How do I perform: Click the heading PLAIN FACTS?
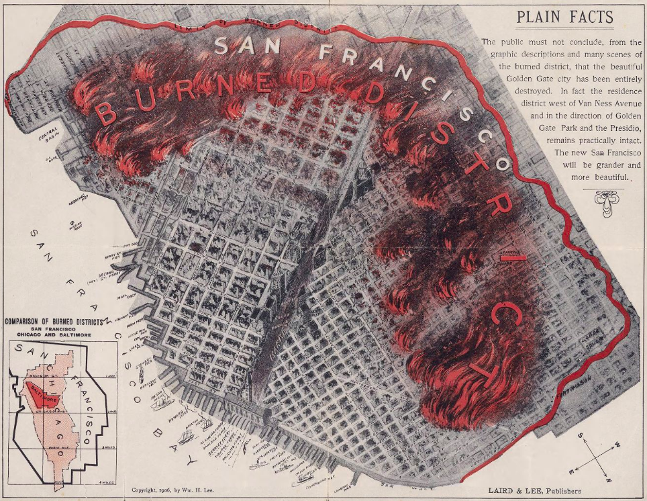pyautogui.click(x=564, y=18)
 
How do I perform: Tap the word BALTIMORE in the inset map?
pyautogui.click(x=42, y=396)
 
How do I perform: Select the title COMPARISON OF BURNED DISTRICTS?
pyautogui.click(x=53, y=322)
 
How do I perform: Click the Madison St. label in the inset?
pyautogui.click(x=40, y=385)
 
